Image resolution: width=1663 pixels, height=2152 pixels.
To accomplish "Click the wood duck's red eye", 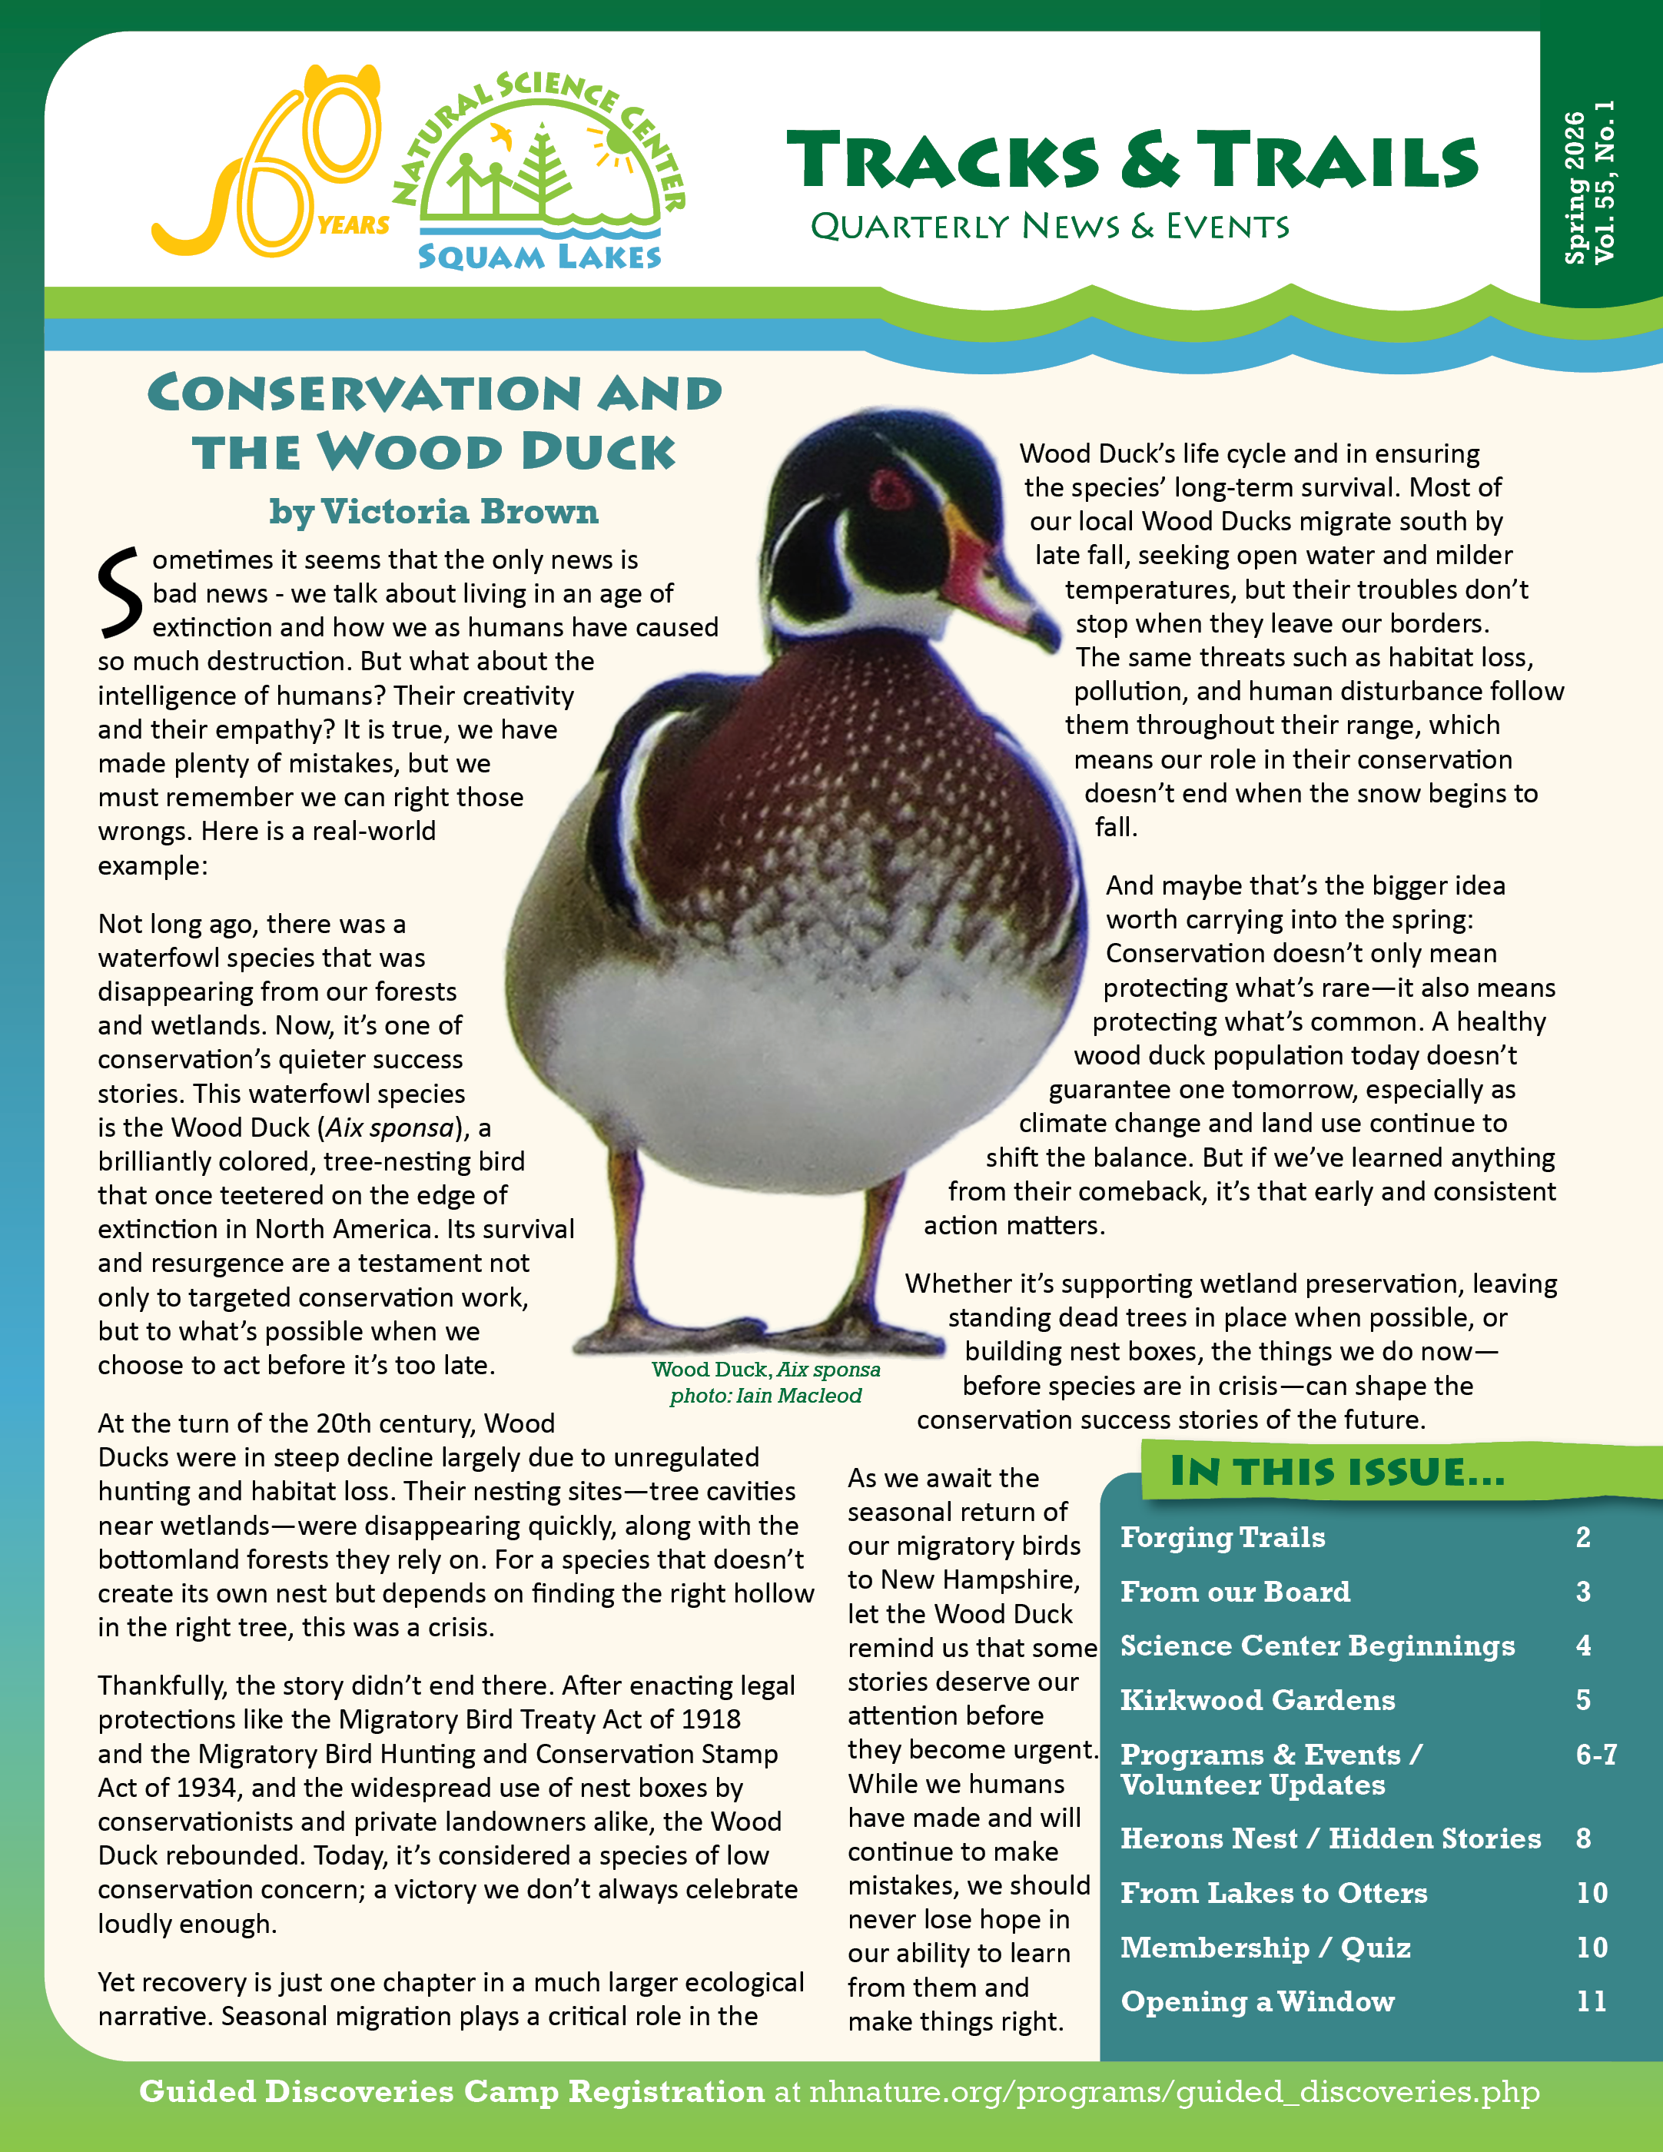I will pyautogui.click(x=891, y=489).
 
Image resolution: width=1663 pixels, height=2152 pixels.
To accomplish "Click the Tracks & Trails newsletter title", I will pyautogui.click(x=1132, y=161).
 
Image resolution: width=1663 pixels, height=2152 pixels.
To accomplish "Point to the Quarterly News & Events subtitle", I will pyautogui.click(x=1049, y=227).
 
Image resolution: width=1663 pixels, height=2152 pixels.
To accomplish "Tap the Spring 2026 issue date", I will pyautogui.click(x=1575, y=188).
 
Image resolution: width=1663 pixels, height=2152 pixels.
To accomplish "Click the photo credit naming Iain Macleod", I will pyautogui.click(x=765, y=1395).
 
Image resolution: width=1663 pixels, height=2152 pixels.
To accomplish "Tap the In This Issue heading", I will pyautogui.click(x=1337, y=1472).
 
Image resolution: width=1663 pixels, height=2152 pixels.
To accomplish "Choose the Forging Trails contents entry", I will pyautogui.click(x=1223, y=1537).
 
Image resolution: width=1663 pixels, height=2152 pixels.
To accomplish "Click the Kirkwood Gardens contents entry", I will pyautogui.click(x=1257, y=1700).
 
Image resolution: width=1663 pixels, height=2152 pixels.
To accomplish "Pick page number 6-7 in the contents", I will pyautogui.click(x=1596, y=1754).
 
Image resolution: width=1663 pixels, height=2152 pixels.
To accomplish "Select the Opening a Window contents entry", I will pyautogui.click(x=1257, y=2001).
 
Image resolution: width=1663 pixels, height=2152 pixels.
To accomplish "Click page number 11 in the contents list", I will pyautogui.click(x=1591, y=2001).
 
